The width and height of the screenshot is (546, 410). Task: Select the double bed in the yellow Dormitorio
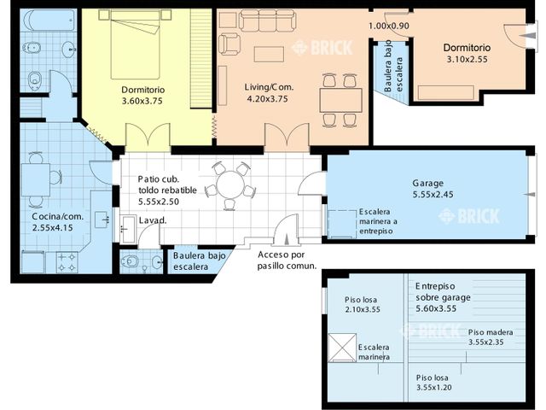(135, 45)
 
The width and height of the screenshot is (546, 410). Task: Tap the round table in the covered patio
(230, 184)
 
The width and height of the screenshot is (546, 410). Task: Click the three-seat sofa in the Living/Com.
(268, 20)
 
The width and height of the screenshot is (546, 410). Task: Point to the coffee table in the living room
(269, 54)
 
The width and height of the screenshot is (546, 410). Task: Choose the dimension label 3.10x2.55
(467, 59)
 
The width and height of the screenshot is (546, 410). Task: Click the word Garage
(428, 183)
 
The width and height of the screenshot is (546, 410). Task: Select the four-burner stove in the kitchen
(67, 262)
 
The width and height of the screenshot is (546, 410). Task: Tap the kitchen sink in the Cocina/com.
(102, 220)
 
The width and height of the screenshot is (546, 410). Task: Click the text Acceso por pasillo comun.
(287, 260)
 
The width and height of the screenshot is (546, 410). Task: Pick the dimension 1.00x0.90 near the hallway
(389, 26)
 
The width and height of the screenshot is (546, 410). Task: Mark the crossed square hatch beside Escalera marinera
(342, 348)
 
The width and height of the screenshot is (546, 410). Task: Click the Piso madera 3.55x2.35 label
(491, 337)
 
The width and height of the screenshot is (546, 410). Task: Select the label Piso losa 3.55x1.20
(433, 383)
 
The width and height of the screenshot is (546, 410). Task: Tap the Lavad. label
(153, 220)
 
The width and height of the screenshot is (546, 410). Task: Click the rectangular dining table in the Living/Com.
(341, 100)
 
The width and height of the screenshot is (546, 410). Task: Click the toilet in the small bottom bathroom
(131, 261)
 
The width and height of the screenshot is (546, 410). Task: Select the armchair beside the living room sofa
(229, 44)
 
